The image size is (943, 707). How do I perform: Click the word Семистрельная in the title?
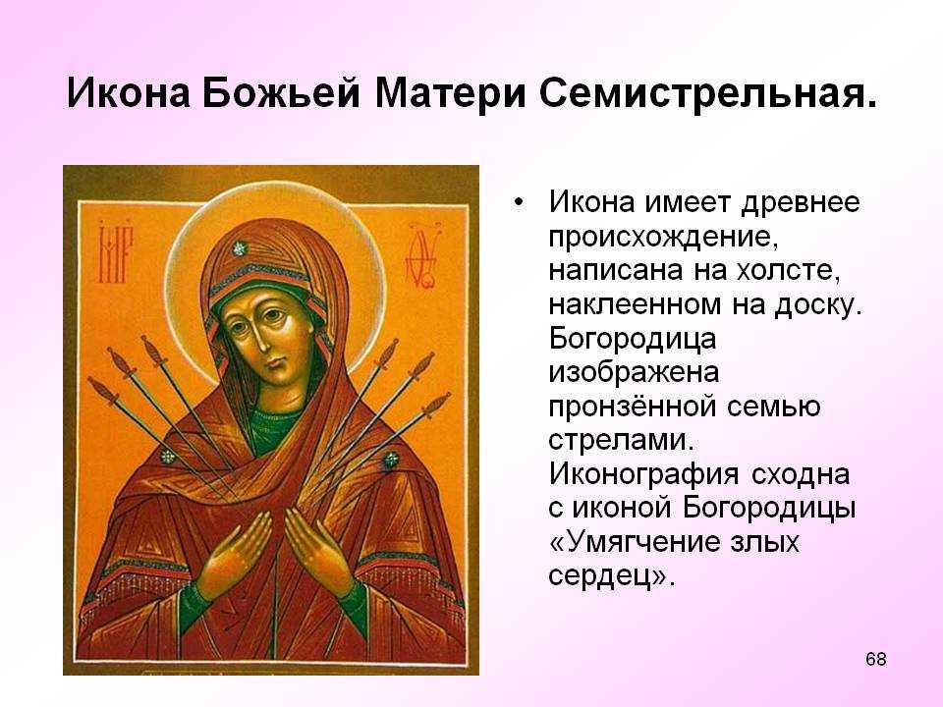pyautogui.click(x=707, y=94)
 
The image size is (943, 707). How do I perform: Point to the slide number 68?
pyautogui.click(x=875, y=659)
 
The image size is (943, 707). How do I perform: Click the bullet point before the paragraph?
pyautogui.click(x=519, y=202)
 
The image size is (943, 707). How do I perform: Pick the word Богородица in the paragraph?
pyautogui.click(x=632, y=340)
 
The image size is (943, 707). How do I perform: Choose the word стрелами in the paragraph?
pyautogui.click(x=621, y=440)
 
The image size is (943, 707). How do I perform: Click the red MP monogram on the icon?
pyautogui.click(x=115, y=253)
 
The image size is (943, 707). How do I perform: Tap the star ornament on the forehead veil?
pyautogui.click(x=240, y=248)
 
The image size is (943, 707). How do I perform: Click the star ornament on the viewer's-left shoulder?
pyautogui.click(x=168, y=457)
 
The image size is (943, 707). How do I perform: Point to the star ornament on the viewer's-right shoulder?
pyautogui.click(x=391, y=461)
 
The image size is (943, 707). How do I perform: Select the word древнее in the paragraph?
pyautogui.click(x=801, y=202)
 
